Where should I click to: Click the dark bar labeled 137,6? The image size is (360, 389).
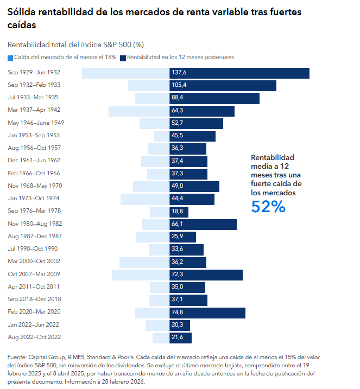click(x=239, y=73)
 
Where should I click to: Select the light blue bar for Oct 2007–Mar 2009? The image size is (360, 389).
click(x=141, y=275)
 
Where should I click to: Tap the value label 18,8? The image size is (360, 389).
click(x=177, y=211)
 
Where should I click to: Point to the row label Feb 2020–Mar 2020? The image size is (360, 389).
click(x=34, y=311)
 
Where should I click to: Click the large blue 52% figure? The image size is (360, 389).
click(x=268, y=206)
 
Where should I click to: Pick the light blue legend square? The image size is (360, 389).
click(x=10, y=58)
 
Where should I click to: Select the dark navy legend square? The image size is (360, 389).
click(x=123, y=58)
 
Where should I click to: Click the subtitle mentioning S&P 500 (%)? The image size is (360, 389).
click(x=75, y=44)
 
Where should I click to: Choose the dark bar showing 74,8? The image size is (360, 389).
click(x=207, y=313)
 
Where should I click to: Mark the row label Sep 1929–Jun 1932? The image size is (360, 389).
click(x=34, y=72)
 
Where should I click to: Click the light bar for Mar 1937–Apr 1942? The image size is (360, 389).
click(x=139, y=111)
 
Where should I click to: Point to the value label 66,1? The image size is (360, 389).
click(x=177, y=224)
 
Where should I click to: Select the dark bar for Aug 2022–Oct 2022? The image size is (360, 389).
click(x=180, y=338)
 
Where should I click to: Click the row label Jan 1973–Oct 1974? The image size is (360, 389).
click(x=34, y=198)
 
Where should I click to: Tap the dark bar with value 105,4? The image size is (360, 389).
click(x=223, y=86)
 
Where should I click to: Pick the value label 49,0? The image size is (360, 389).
click(x=177, y=186)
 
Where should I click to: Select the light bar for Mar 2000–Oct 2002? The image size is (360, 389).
click(x=144, y=263)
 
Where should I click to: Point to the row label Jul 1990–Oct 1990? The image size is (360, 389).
click(x=33, y=248)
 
